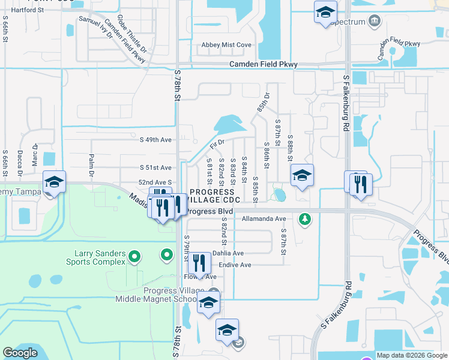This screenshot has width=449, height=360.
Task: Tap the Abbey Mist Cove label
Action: point(226,45)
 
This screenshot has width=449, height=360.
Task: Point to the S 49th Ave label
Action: point(155,139)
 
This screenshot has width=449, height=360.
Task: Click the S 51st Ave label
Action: point(155,168)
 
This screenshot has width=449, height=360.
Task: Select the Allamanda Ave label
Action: point(264,219)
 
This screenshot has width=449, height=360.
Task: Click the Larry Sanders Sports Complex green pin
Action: point(134,258)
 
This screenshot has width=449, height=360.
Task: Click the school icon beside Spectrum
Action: point(325,12)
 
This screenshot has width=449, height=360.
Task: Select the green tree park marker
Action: point(306,218)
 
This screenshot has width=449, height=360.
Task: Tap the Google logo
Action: point(20,353)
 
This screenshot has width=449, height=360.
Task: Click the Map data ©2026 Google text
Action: point(412,355)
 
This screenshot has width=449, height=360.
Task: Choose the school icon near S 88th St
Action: point(301,176)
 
